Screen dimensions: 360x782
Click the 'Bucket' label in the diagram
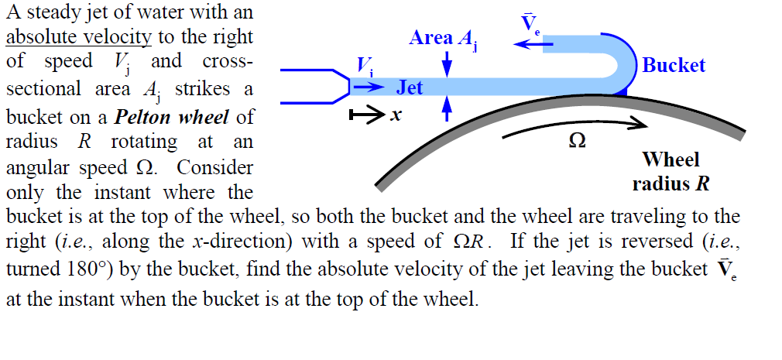(x=674, y=66)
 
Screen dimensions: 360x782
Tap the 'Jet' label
(x=410, y=88)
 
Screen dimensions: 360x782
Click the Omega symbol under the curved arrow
(x=576, y=142)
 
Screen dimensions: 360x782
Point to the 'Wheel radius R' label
(x=671, y=172)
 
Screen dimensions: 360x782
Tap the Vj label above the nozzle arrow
(x=363, y=66)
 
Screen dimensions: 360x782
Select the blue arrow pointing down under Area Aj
(x=447, y=65)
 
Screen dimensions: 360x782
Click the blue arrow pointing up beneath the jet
(x=447, y=111)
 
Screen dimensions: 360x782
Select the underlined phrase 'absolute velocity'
(x=78, y=36)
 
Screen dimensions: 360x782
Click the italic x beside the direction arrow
(x=395, y=116)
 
